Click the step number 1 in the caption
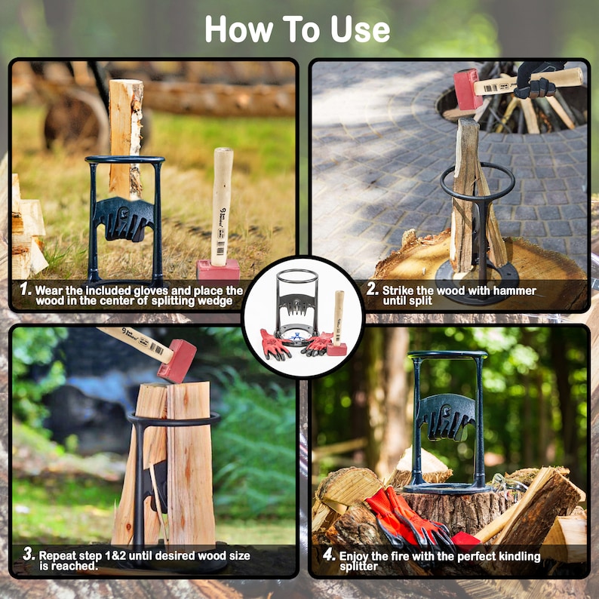pyautogui.click(x=25, y=289)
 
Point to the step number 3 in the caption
pyautogui.click(x=28, y=554)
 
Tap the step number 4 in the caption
pyautogui.click(x=328, y=554)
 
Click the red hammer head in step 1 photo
pyautogui.click(x=218, y=269)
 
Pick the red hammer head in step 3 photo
pyautogui.click(x=177, y=361)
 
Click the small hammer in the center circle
pyautogui.click(x=337, y=324)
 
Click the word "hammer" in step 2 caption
pyautogui.click(x=511, y=290)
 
